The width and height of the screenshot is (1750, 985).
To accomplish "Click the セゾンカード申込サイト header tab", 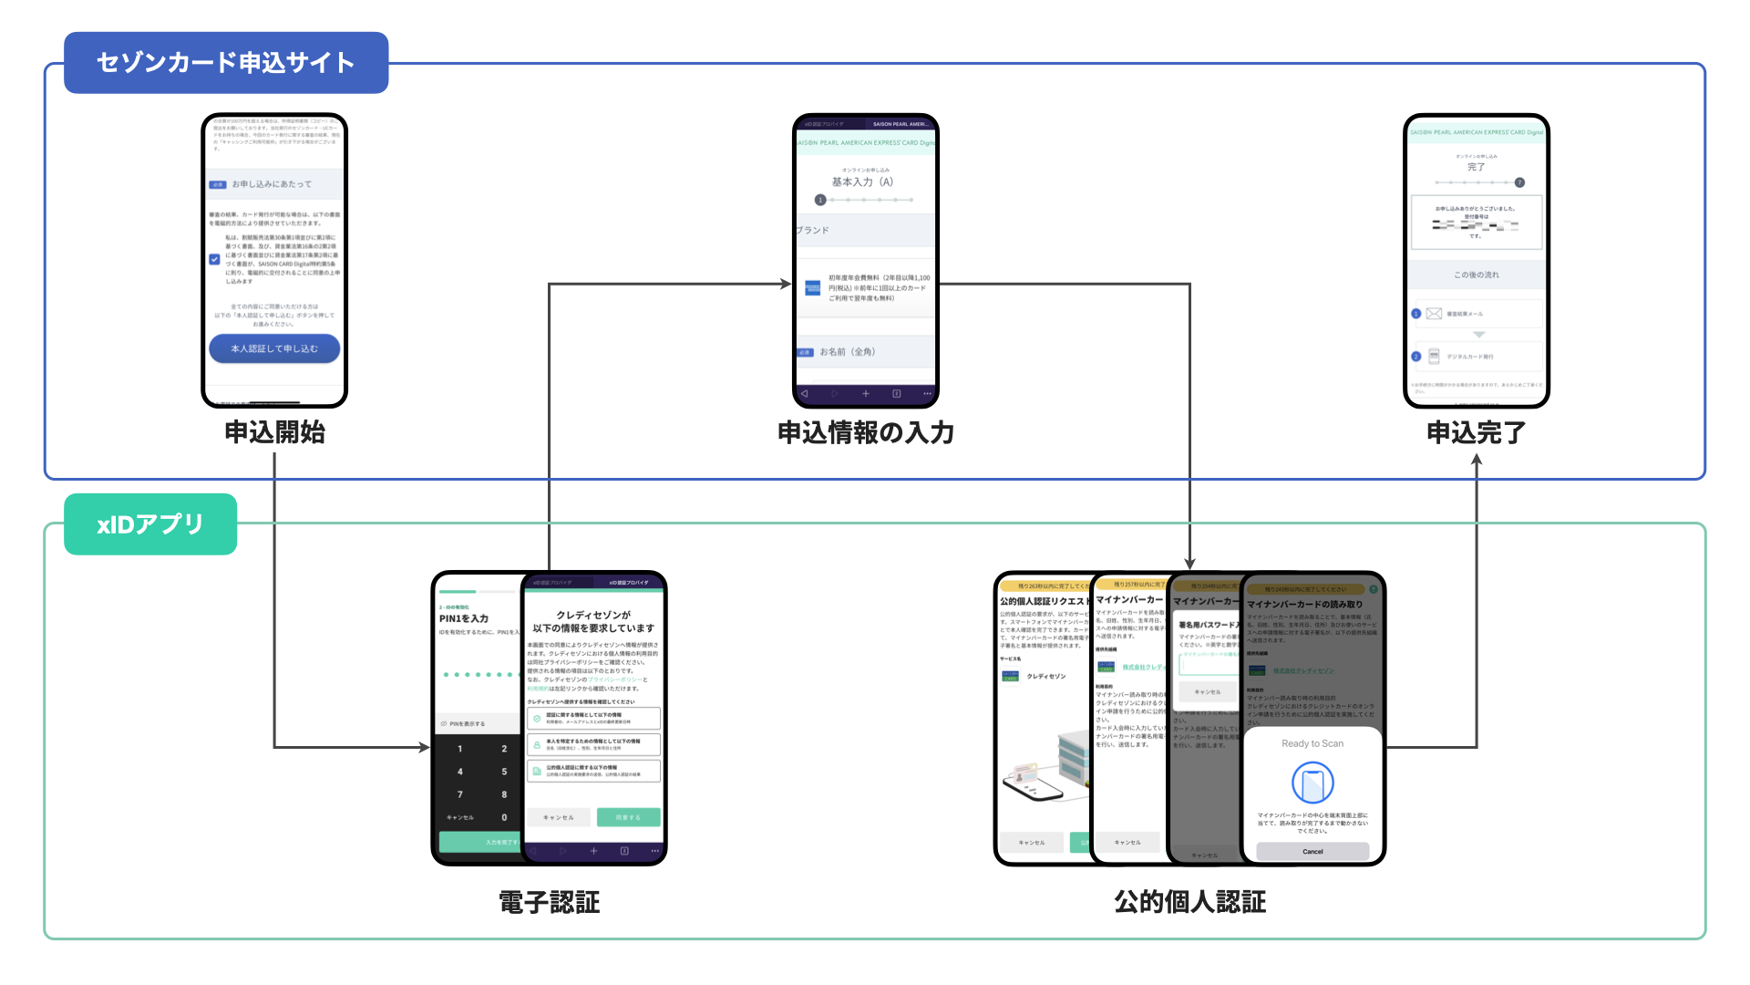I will tap(226, 63).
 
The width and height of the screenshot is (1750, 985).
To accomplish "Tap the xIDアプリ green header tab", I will tap(150, 524).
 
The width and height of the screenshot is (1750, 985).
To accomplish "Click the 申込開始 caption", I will tap(274, 432).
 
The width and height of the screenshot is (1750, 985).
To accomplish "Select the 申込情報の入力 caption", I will tap(865, 432).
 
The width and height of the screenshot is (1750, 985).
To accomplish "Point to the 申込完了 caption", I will tap(1476, 432).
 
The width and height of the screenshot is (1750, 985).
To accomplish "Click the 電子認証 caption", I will tap(549, 902).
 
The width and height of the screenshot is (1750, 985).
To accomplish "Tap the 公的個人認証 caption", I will tap(1189, 902).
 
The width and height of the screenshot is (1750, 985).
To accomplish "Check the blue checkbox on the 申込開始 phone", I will tap(215, 259).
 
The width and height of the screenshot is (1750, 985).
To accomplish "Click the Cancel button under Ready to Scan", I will tap(1312, 851).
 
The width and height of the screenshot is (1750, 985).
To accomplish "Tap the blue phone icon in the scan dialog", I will tap(1312, 783).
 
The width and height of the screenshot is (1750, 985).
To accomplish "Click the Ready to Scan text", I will tap(1312, 743).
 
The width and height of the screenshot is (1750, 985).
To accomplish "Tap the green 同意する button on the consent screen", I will tap(628, 817).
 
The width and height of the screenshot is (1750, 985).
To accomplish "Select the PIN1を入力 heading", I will tap(464, 618).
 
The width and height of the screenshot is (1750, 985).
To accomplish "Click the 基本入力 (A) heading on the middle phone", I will tap(862, 182).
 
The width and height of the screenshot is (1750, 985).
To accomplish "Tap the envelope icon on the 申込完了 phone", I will tap(1434, 314).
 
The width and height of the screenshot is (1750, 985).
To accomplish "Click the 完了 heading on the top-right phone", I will tap(1476, 167).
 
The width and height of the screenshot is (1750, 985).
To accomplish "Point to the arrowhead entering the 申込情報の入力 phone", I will tap(786, 284).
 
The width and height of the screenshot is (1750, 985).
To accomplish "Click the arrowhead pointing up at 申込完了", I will tap(1477, 461).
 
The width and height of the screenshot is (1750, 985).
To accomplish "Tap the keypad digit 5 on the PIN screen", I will tap(504, 772).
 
